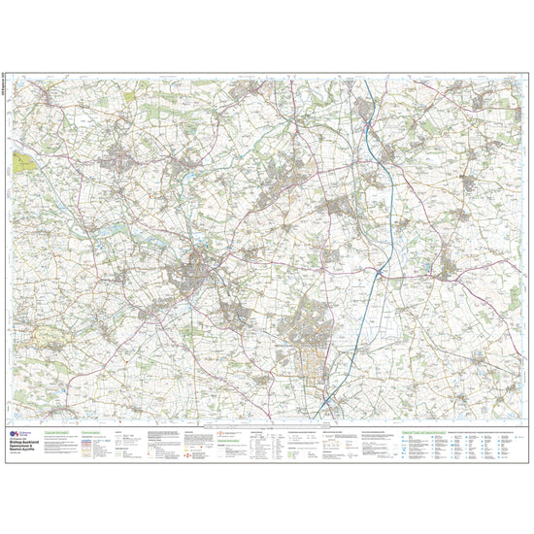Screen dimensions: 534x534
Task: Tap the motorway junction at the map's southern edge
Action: (328, 399)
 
